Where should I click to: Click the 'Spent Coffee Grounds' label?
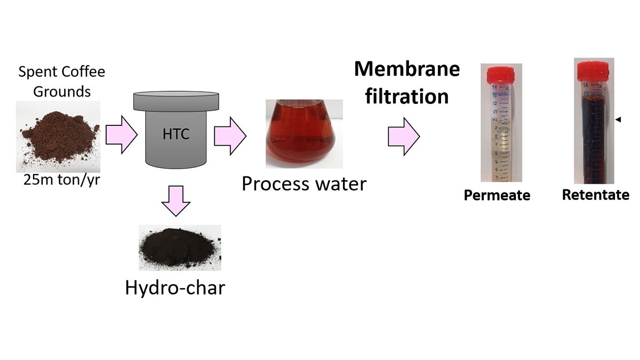point(62,81)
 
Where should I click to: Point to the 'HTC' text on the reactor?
point(175,133)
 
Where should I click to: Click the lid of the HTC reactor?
point(175,100)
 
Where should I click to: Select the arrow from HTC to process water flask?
point(230,137)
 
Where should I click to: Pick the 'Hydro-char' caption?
point(175,287)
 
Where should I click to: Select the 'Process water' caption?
point(304,183)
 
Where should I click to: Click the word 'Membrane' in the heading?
point(407,69)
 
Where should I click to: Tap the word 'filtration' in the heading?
point(407,97)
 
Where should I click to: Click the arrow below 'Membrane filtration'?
point(404,137)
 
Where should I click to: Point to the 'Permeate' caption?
point(497,195)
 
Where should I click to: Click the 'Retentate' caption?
point(595,195)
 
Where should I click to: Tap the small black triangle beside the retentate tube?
point(618,121)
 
